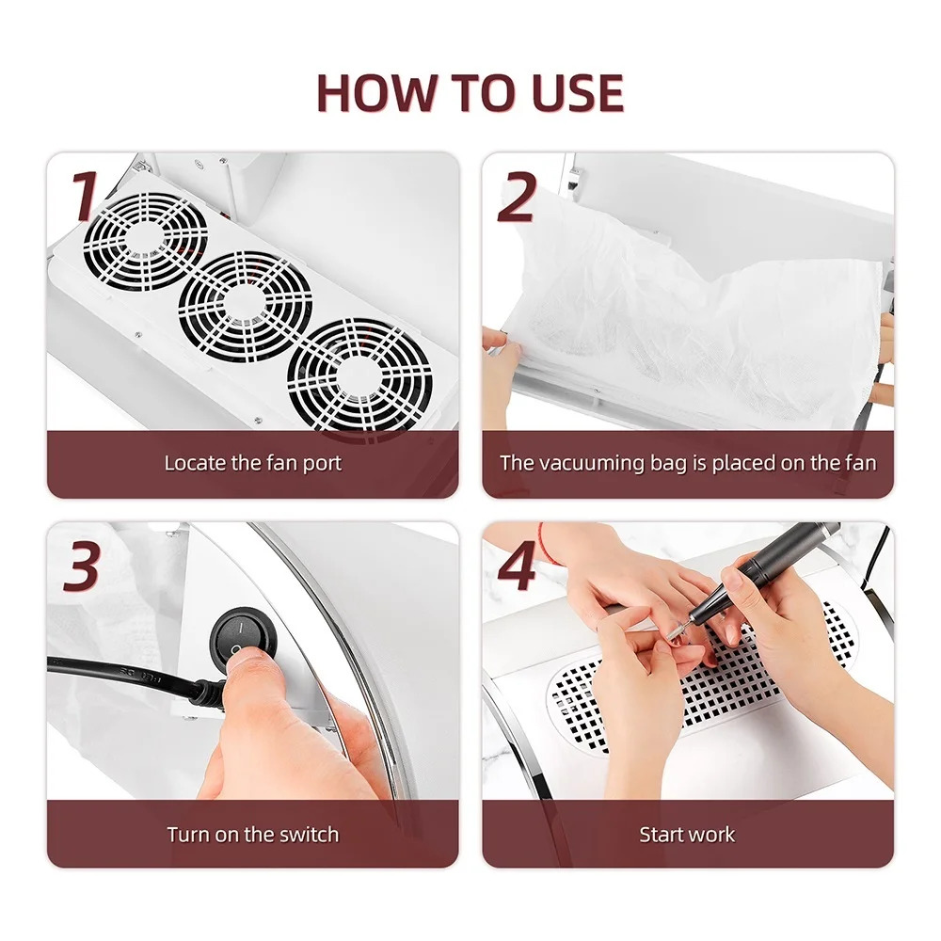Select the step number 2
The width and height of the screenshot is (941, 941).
coord(516,197)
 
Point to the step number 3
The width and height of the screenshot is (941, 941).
coord(81,566)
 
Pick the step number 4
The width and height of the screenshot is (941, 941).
coord(517,566)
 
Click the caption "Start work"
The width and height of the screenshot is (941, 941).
coord(687,834)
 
